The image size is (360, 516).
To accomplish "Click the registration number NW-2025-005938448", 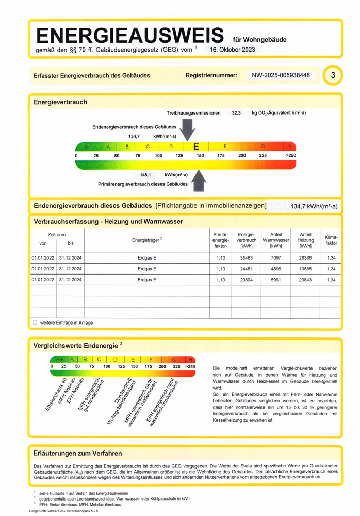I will coord(281,75).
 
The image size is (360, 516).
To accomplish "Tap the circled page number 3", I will coord(333,75).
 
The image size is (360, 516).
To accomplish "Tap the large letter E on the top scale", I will coord(197,147).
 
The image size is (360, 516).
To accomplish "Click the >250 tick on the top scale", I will coord(291,155).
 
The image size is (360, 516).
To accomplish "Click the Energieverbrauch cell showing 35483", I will coord(246,257).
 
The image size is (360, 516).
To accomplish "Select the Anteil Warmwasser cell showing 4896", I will coord(276,269).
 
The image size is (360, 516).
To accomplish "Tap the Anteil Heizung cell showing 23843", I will coord(305,280).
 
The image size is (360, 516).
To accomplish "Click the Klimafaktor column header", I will coord(331,240).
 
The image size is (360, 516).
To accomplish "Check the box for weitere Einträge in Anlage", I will coord(35,322).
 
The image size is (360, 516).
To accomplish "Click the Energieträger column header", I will coord(147,240).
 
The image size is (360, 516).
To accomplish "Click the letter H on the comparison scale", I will coord(191,359).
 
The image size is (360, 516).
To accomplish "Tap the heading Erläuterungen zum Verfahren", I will coord(77,454).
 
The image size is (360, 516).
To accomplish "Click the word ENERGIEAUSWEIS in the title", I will coord(130,36).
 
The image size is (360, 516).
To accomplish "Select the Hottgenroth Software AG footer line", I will coord(64,510).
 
